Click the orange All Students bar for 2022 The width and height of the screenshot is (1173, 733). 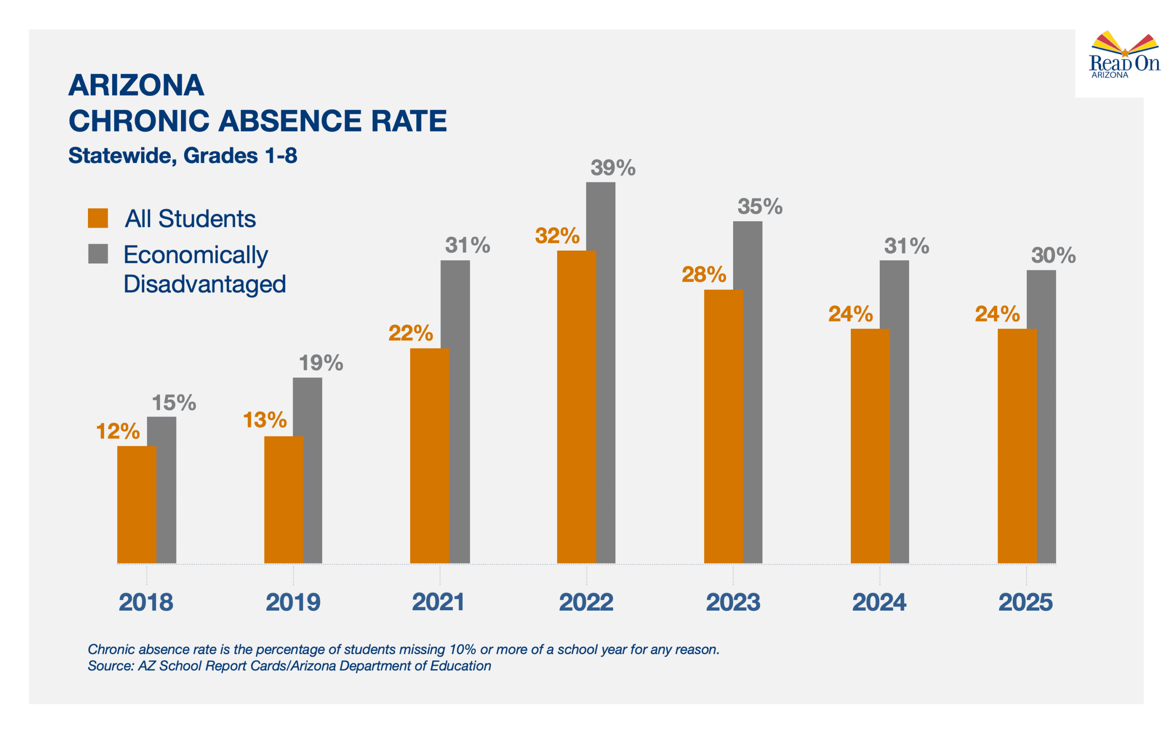(576, 407)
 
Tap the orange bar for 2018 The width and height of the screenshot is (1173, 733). (136, 504)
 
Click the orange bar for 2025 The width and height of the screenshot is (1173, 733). (1016, 446)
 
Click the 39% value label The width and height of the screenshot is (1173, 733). (613, 168)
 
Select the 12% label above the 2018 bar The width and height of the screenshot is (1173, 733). (118, 431)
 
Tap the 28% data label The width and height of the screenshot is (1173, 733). (703, 274)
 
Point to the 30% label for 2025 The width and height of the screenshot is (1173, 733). (1053, 255)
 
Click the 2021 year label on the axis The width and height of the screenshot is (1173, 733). (438, 602)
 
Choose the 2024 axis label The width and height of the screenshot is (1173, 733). (879, 602)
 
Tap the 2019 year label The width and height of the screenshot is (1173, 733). (293, 602)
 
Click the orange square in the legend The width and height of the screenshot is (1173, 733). (98, 218)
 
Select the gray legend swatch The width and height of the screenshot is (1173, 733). (98, 253)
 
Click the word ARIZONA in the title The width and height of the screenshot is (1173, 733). (136, 85)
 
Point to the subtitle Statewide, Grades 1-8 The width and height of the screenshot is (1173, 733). (182, 156)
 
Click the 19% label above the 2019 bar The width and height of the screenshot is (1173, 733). (320, 363)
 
